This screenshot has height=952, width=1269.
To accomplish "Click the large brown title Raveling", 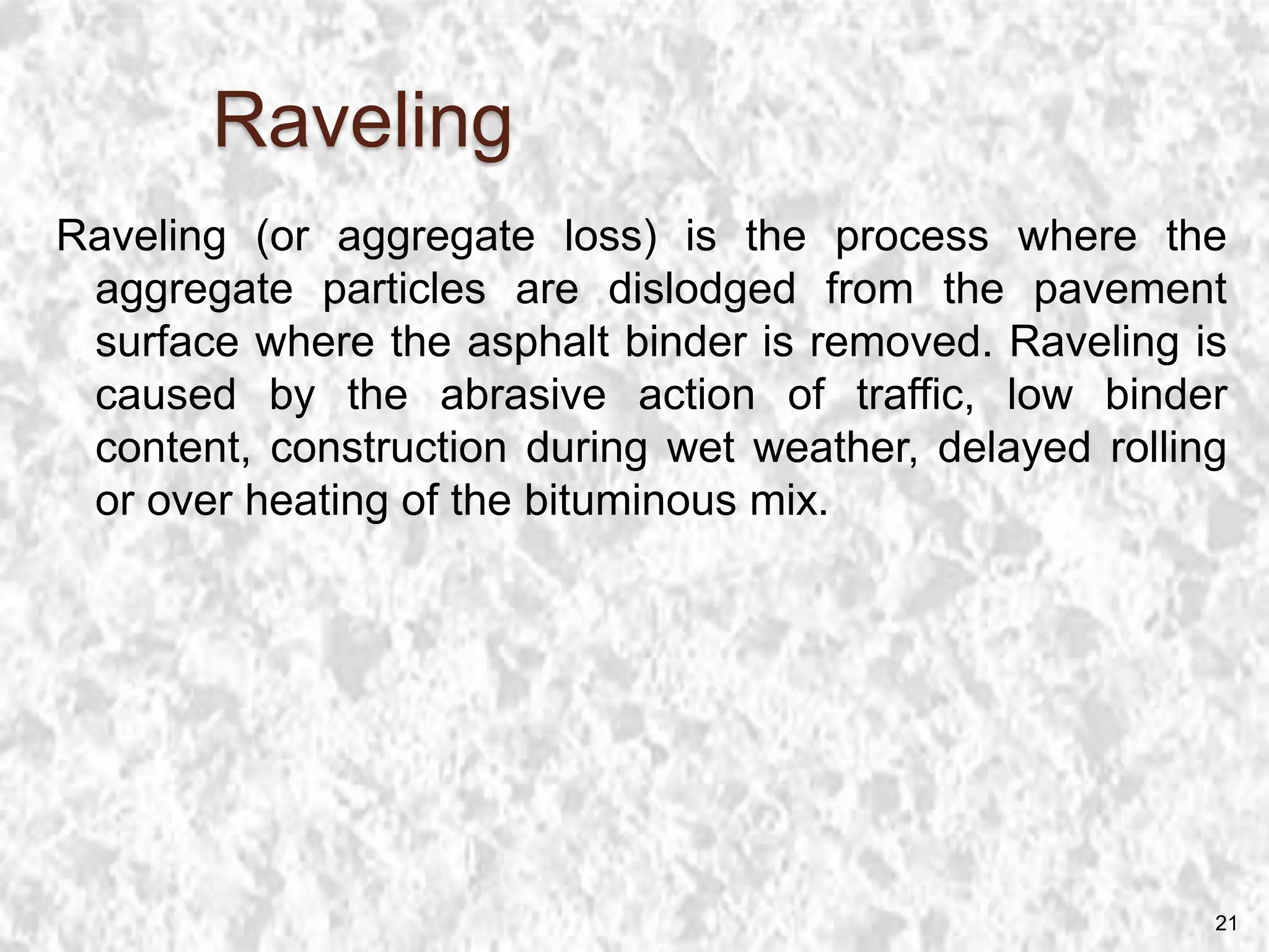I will point(363,123).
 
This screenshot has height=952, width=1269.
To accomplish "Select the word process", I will point(911,238).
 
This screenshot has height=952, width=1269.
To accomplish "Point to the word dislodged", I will point(701,291).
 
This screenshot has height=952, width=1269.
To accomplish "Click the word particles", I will point(404,291).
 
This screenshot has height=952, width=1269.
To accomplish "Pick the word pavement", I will point(1130,291).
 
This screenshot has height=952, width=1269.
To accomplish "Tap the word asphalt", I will point(538,343).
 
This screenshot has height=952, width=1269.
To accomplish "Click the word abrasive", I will point(523,395).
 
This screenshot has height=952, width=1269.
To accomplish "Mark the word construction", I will point(389,449).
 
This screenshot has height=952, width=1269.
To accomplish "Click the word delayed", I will point(1014,449).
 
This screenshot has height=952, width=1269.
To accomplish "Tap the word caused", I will point(166,395).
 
